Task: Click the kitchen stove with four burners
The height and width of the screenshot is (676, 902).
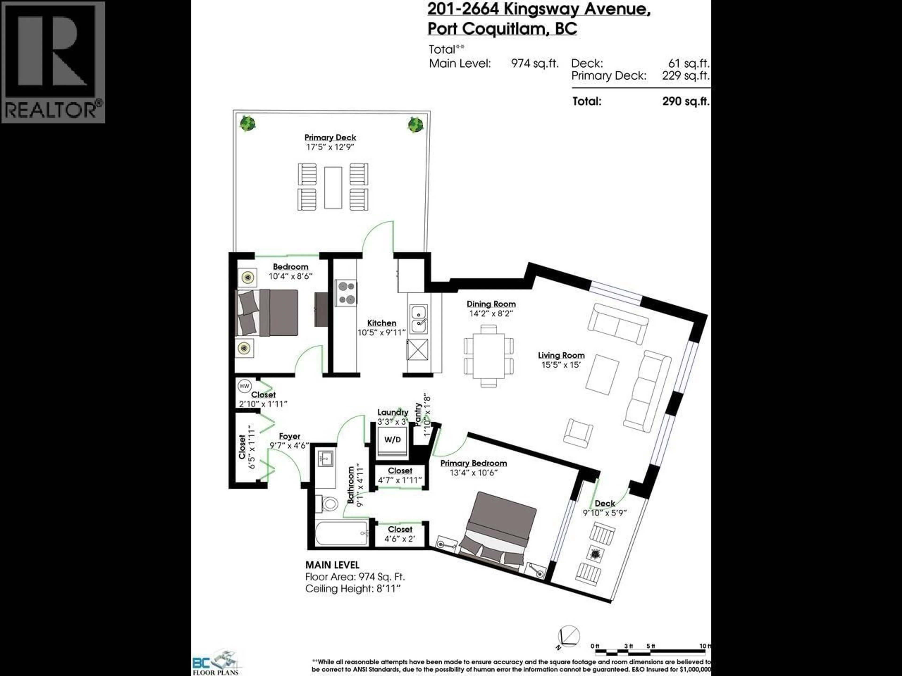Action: pos(346,293)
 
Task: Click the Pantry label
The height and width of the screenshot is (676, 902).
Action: pos(418,414)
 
